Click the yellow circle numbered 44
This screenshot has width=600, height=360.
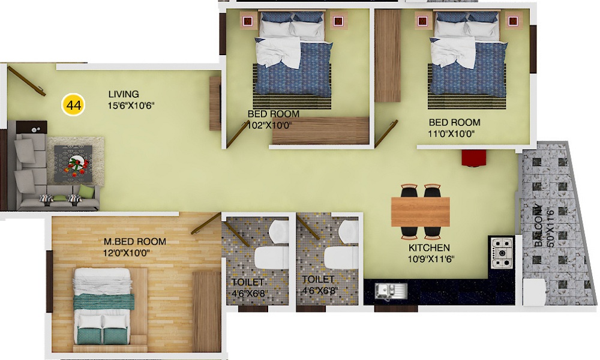pyautogui.click(x=73, y=104)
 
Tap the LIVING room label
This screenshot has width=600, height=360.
pyautogui.click(x=124, y=94)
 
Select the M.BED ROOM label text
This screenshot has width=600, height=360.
pyautogui.click(x=134, y=242)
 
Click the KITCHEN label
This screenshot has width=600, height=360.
pyautogui.click(x=429, y=248)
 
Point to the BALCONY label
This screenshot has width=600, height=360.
pyautogui.click(x=538, y=226)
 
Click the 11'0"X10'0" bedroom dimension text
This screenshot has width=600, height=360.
pyautogui.click(x=451, y=134)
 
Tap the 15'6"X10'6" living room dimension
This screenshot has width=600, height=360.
pyautogui.click(x=131, y=106)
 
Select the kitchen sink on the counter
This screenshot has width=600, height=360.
pyautogui.click(x=391, y=292)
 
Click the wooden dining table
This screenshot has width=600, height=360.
pyautogui.click(x=421, y=212)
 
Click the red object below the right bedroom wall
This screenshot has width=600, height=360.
pyautogui.click(x=474, y=158)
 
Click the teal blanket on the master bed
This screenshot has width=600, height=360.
pyautogui.click(x=104, y=301)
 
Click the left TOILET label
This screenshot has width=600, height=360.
pyautogui.click(x=248, y=283)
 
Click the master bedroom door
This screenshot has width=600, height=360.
pyautogui.click(x=206, y=224)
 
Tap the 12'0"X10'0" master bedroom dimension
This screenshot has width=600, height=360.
pyautogui.click(x=126, y=253)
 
